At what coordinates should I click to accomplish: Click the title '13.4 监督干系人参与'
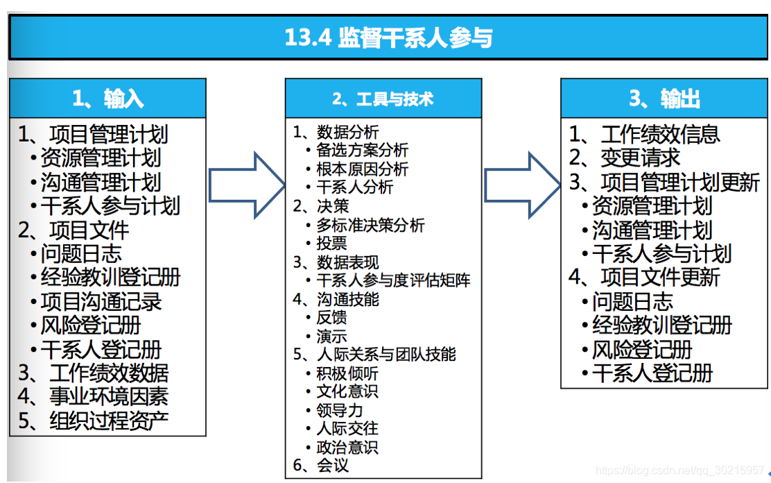[388, 37]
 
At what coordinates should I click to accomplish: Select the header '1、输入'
[107, 99]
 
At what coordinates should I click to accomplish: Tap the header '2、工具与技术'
[383, 99]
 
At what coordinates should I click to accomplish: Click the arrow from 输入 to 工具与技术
[246, 185]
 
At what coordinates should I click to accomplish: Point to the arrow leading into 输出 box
[521, 185]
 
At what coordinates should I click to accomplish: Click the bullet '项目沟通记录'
[101, 302]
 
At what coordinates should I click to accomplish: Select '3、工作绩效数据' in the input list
[93, 373]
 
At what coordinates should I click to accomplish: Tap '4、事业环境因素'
[93, 397]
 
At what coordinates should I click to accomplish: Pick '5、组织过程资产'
[93, 421]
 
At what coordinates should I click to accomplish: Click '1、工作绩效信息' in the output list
[645, 134]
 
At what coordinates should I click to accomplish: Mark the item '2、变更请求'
[625, 158]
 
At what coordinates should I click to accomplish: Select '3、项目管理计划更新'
[665, 182]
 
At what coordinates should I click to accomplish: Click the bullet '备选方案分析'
[362, 150]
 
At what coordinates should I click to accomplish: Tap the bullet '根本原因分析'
[362, 169]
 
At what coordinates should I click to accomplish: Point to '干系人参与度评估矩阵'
[393, 280]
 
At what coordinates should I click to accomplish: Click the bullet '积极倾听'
[347, 373]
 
